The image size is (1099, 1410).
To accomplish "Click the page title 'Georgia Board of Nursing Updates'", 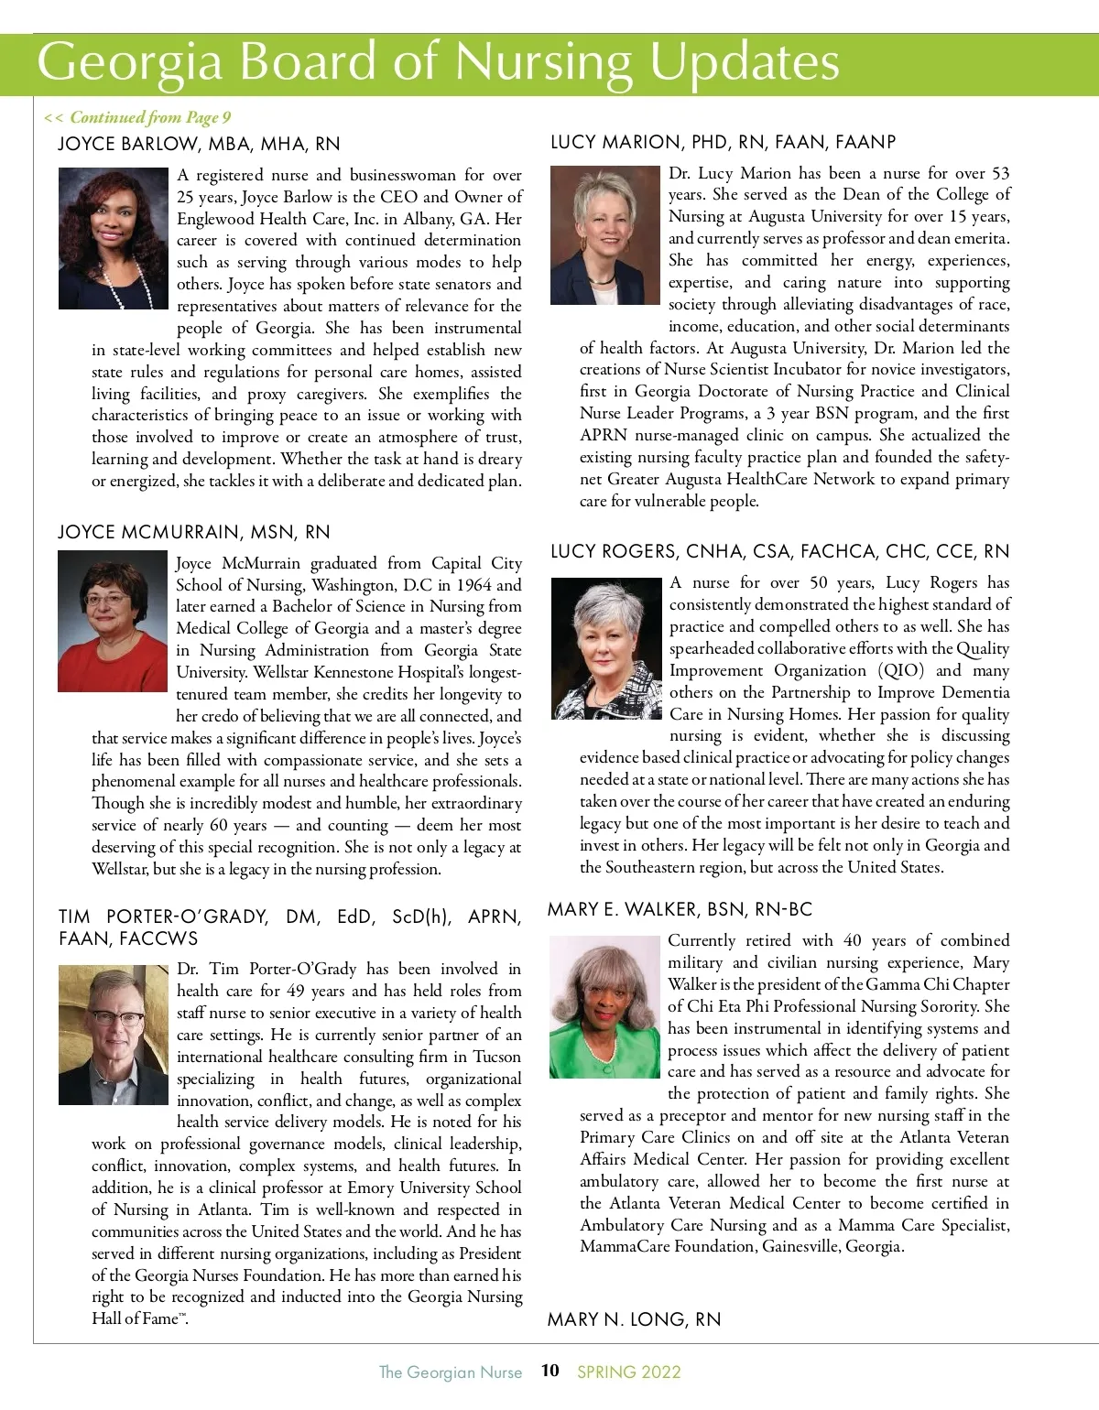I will tap(438, 62).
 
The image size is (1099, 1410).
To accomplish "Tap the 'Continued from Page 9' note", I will tap(137, 117).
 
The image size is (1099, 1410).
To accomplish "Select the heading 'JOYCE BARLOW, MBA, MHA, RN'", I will tap(199, 144).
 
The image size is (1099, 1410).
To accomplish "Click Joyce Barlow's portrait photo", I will tap(114, 238).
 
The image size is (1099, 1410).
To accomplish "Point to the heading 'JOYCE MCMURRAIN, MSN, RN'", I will tap(194, 532).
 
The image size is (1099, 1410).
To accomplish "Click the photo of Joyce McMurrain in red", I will tap(113, 621).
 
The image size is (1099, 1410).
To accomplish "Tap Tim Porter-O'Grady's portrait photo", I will tap(114, 1035).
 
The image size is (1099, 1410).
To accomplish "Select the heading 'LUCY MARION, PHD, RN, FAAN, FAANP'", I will tap(724, 142).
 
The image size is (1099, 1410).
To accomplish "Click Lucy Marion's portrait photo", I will tap(605, 235).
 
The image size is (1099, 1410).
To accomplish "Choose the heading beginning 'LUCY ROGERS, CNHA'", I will tap(779, 551).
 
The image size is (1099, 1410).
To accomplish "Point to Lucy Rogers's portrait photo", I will tap(606, 648).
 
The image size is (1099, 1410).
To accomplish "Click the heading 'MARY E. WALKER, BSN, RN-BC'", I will tap(680, 909).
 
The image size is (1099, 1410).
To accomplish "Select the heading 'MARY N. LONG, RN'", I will tap(634, 1319).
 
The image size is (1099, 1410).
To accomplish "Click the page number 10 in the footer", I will tap(549, 1371).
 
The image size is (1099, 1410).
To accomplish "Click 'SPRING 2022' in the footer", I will tap(629, 1372).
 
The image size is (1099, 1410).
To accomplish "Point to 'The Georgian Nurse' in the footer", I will tap(451, 1372).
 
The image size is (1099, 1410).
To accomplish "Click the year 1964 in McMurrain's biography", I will tap(471, 585).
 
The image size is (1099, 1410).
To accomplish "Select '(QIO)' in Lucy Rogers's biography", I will tap(901, 670).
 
